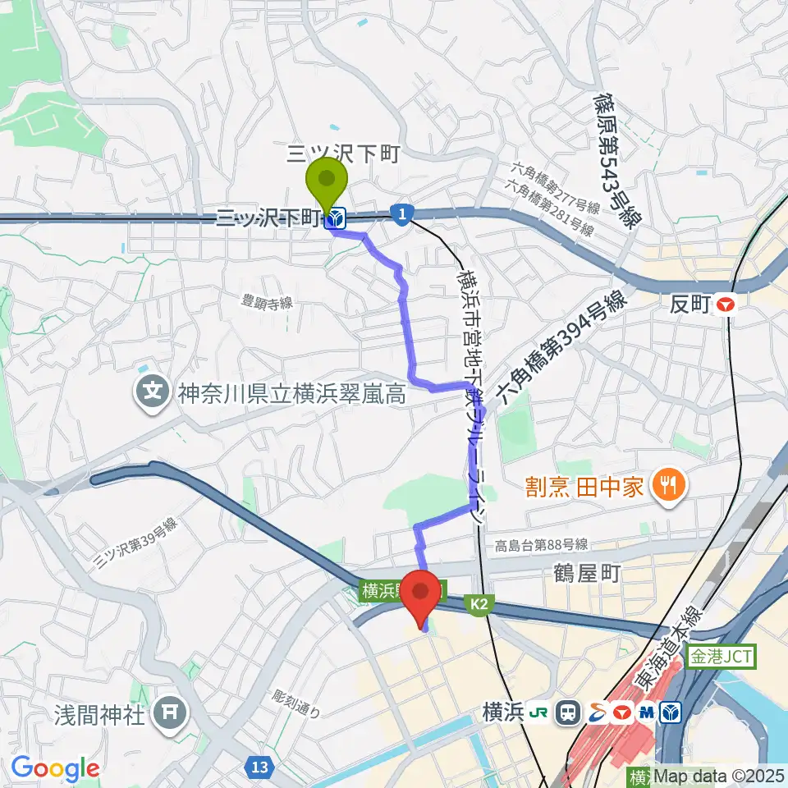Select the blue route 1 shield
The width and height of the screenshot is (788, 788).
point(401,213)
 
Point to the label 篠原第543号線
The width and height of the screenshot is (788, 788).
point(616,159)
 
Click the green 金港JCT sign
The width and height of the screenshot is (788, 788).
point(721,657)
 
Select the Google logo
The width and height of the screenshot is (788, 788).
point(55,769)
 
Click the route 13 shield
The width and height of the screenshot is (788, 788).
point(259,767)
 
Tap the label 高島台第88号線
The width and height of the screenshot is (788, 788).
point(541,545)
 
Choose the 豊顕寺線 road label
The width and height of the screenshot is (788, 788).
point(267,302)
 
